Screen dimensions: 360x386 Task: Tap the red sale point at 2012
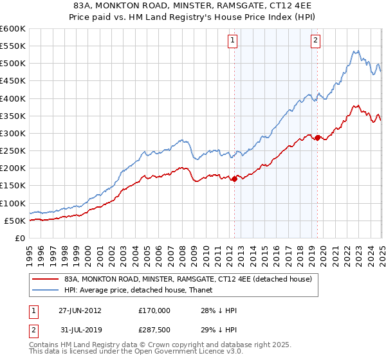pos(234,179)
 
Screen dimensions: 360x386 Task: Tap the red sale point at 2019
pos(318,138)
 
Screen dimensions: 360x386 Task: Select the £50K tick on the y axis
pos(15,221)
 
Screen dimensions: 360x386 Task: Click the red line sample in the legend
pos(46,279)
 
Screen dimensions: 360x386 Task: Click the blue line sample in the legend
pos(46,289)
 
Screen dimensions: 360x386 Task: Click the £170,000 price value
pos(154,310)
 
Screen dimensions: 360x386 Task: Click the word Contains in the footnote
pos(44,345)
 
